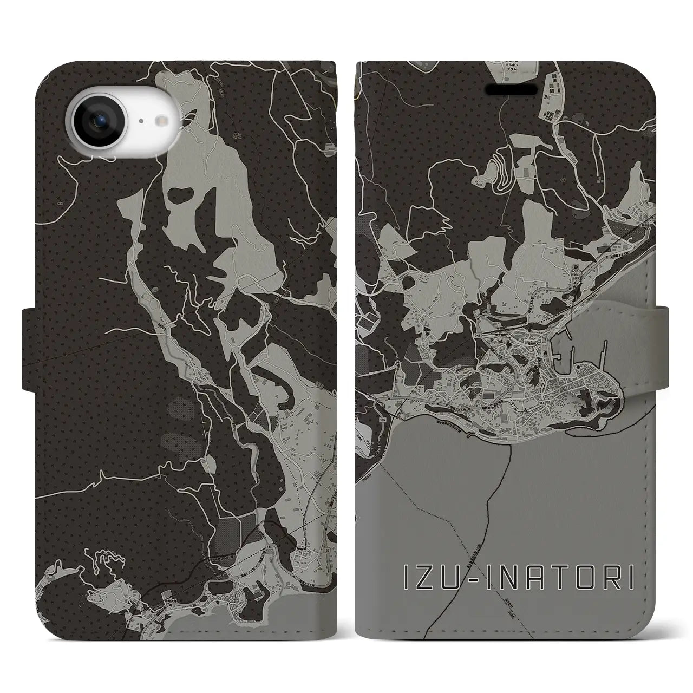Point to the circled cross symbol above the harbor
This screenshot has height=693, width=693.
(576, 267)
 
